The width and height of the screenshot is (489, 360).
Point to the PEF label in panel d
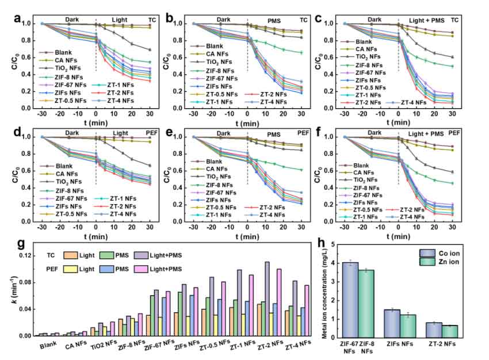click(158, 132)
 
